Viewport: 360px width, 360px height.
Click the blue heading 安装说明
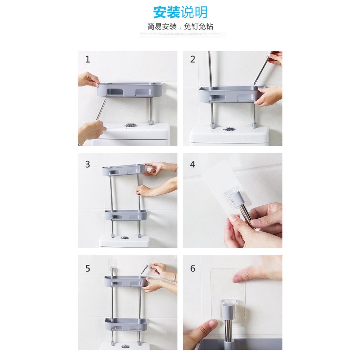click(180, 12)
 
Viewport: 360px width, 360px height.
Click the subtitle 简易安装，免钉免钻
click(180, 27)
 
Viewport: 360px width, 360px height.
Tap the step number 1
click(88, 59)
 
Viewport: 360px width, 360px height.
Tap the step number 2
click(192, 59)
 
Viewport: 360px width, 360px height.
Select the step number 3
click(88, 164)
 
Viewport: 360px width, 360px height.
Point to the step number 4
click(192, 164)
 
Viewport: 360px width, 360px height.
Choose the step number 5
click(88, 269)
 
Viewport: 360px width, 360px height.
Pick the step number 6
click(192, 269)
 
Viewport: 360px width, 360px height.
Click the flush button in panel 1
click(130, 125)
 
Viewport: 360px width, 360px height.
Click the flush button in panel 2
click(229, 129)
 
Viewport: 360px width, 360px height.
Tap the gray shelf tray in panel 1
click(130, 89)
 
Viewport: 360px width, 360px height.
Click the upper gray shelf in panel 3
click(123, 170)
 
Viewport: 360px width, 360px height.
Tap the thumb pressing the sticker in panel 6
click(246, 276)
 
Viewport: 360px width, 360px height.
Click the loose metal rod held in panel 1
click(101, 109)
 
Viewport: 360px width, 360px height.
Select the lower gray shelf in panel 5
click(126, 324)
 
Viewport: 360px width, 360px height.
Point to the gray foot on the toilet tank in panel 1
click(151, 122)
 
